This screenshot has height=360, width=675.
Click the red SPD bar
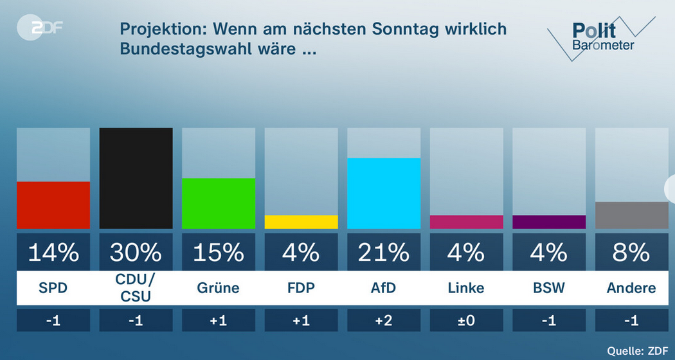(x=53, y=205)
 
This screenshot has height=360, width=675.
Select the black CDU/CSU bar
(x=136, y=178)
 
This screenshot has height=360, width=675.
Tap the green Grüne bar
(x=219, y=203)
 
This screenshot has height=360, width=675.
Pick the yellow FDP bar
(x=301, y=222)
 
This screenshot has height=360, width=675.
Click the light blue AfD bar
(x=384, y=193)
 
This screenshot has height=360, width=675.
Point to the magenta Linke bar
(x=466, y=222)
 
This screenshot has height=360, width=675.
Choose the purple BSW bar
(x=549, y=222)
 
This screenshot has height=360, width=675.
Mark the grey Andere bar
(x=631, y=215)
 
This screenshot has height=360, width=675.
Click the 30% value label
(x=136, y=253)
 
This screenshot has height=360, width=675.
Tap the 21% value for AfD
(x=384, y=253)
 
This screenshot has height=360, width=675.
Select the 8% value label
(x=631, y=253)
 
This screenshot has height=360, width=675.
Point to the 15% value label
(x=219, y=253)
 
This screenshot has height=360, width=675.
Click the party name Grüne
(x=219, y=287)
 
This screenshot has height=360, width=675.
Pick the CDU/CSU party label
(x=136, y=287)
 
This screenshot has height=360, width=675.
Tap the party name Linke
(x=466, y=287)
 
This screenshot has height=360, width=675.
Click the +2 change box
(x=384, y=320)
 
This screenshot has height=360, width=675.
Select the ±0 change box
(x=466, y=320)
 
